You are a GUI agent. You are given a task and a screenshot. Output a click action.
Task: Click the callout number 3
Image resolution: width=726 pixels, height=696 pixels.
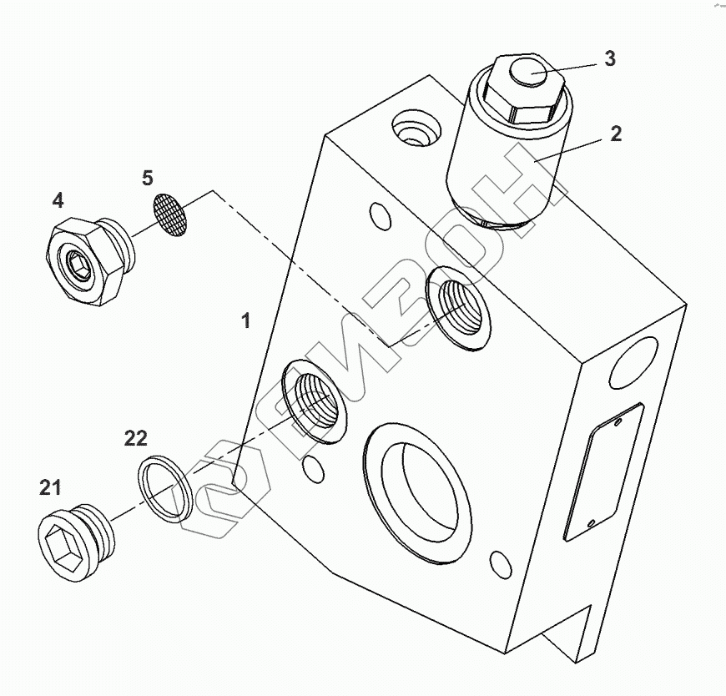click(x=610, y=59)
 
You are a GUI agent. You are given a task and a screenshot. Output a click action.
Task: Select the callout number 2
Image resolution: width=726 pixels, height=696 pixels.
click(x=615, y=134)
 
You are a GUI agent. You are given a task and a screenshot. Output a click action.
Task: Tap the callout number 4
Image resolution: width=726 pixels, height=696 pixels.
click(x=58, y=200)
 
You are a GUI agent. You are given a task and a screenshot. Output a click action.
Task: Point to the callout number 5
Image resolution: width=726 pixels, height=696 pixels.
click(x=148, y=178)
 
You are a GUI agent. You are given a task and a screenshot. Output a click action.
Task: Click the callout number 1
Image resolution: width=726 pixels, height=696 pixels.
click(x=245, y=320)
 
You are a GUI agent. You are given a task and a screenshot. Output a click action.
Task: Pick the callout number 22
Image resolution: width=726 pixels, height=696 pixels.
click(x=136, y=438)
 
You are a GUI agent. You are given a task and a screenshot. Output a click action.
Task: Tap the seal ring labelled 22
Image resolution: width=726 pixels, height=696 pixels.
click(x=165, y=488)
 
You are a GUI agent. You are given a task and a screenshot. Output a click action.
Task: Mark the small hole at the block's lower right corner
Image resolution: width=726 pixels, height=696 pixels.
click(x=502, y=564)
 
